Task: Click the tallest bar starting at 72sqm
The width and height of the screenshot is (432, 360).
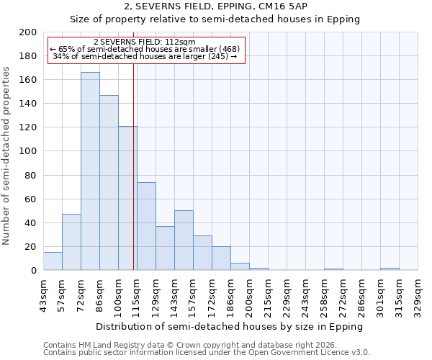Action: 90,171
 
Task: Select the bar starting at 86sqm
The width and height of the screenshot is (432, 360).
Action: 109,183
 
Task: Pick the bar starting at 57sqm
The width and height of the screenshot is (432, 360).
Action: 71,242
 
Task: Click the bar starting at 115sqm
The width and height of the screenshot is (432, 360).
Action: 146,226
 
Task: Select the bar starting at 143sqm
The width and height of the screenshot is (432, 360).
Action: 184,240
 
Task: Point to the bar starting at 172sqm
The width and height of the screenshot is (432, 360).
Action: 221,258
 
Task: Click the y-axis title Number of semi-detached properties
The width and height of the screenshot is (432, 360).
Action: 6,156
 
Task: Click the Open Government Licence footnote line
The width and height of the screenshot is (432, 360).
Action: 206,352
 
